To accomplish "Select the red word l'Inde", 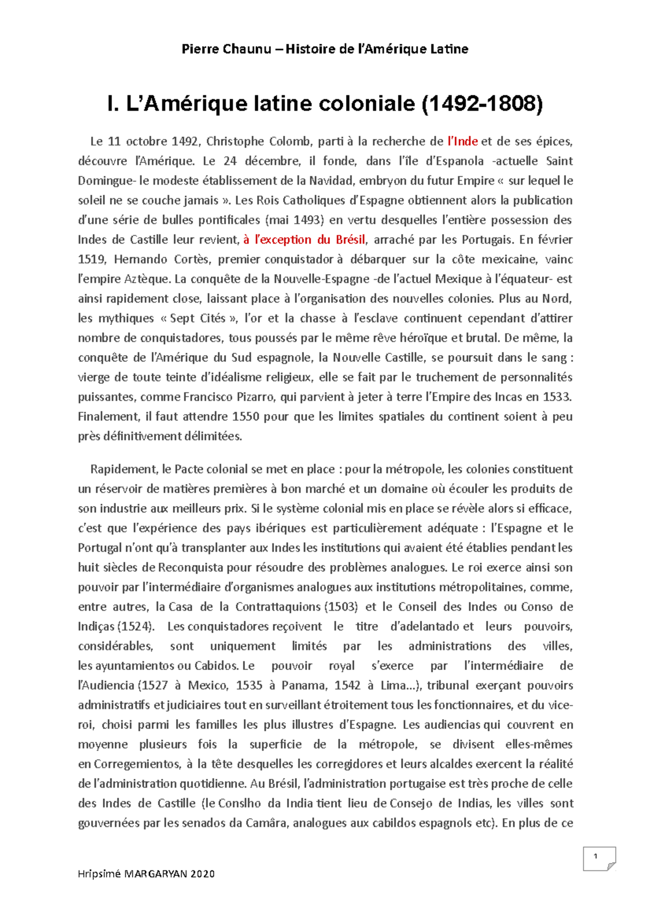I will [462, 141].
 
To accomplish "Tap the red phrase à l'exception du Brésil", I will [304, 240].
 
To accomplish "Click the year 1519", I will [91, 259].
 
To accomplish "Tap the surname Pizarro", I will [256, 397].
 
